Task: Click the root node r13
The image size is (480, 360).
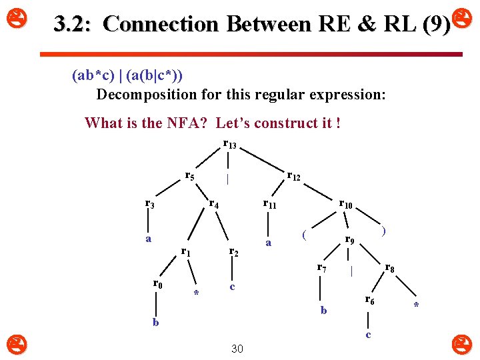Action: tap(229, 145)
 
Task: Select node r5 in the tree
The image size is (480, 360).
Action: tap(189, 177)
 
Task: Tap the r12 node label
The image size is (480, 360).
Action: tap(293, 177)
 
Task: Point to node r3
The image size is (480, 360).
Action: tap(150, 204)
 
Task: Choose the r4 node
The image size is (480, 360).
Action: tap(214, 204)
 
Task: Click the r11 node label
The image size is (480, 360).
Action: tap(269, 204)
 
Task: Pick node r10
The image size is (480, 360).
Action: tap(345, 204)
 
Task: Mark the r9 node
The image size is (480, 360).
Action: tap(349, 239)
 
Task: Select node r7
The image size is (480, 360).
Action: tap(321, 268)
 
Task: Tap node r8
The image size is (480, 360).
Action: tap(390, 268)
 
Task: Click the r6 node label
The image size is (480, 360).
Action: tap(369, 301)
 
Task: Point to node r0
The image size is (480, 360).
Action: tap(157, 284)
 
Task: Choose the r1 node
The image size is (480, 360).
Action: tap(186, 252)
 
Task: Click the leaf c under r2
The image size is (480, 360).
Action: tap(232, 287)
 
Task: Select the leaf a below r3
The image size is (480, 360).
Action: tap(149, 239)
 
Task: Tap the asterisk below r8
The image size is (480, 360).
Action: tap(416, 306)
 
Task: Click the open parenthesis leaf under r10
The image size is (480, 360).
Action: tap(303, 234)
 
